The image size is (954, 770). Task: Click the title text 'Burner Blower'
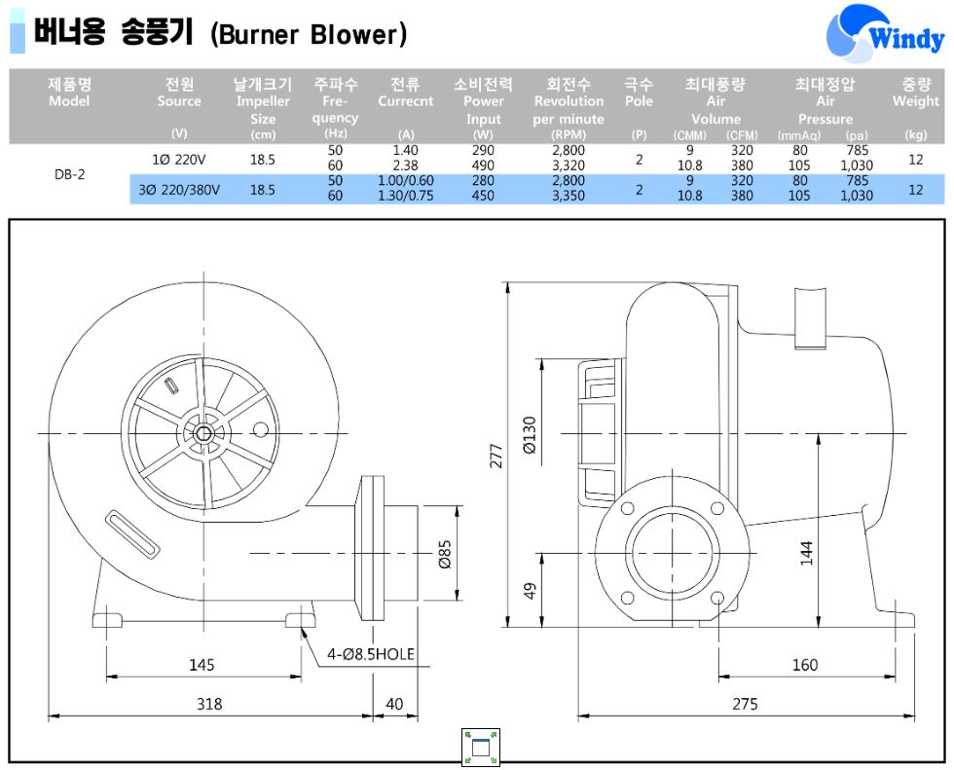click(309, 35)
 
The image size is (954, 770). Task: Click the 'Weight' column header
click(915, 101)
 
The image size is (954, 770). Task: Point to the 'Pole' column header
click(639, 101)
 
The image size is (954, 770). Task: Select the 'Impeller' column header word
click(262, 101)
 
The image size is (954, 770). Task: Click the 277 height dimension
click(496, 455)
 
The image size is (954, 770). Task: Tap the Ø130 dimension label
click(530, 435)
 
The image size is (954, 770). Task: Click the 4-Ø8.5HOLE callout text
click(371, 654)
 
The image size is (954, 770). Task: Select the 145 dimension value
click(202, 665)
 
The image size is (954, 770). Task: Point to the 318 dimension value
click(208, 704)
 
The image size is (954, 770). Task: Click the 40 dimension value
click(394, 704)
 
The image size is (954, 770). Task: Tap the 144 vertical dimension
click(806, 552)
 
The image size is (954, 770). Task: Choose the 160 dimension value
click(805, 665)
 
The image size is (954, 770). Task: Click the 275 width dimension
click(745, 704)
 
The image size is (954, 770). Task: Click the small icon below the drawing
click(478, 746)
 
